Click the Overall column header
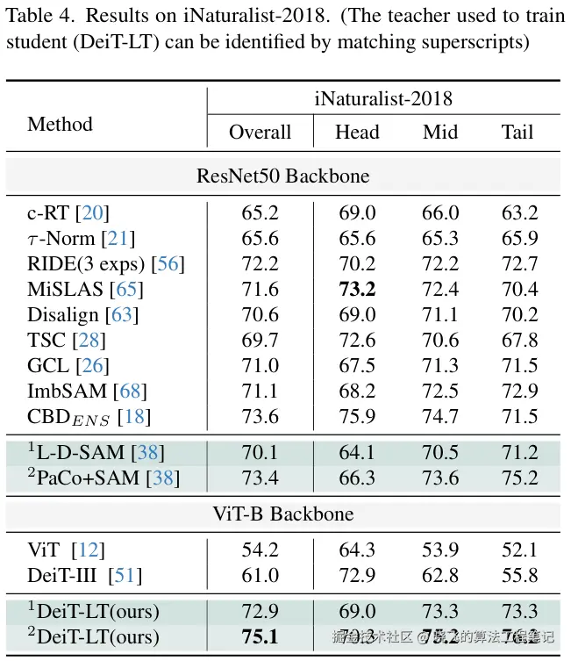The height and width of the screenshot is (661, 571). (x=260, y=132)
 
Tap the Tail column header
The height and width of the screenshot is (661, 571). (x=517, y=132)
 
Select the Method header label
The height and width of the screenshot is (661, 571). (x=60, y=124)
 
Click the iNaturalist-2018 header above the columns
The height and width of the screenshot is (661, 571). (x=383, y=99)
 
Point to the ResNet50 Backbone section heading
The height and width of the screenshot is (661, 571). (x=282, y=176)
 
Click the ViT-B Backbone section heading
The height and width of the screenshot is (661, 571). (x=282, y=514)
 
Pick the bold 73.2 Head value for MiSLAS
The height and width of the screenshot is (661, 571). (x=357, y=289)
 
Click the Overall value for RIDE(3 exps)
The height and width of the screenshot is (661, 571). (x=260, y=263)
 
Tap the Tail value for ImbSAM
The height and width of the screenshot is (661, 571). (x=520, y=391)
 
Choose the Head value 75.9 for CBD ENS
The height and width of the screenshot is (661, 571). (x=357, y=416)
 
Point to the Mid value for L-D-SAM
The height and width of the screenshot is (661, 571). (x=440, y=453)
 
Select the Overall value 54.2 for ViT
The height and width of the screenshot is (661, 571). (x=260, y=550)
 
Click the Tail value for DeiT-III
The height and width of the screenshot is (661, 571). (x=520, y=576)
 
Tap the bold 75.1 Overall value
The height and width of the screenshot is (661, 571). (x=260, y=636)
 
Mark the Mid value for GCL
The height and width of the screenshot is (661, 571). (x=440, y=365)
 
